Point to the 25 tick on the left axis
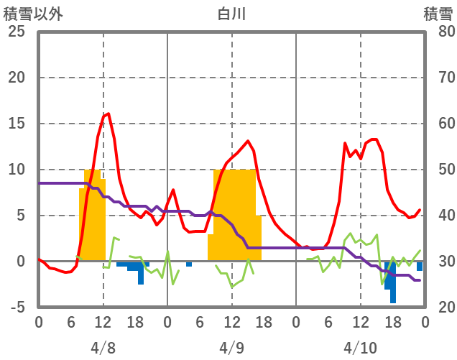pyautogui.click(x=17, y=32)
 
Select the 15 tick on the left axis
pyautogui.click(x=17, y=124)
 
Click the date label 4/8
pyautogui.click(x=103, y=348)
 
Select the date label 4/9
pyautogui.click(x=231, y=348)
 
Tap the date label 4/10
pyautogui.click(x=360, y=348)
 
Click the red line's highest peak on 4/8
pyautogui.click(x=108, y=114)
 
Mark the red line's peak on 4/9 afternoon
pyautogui.click(x=248, y=141)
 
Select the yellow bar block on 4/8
pyautogui.click(x=92, y=216)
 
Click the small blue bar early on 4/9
pyautogui.click(x=189, y=264)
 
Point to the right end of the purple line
pyautogui.click(x=420, y=280)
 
